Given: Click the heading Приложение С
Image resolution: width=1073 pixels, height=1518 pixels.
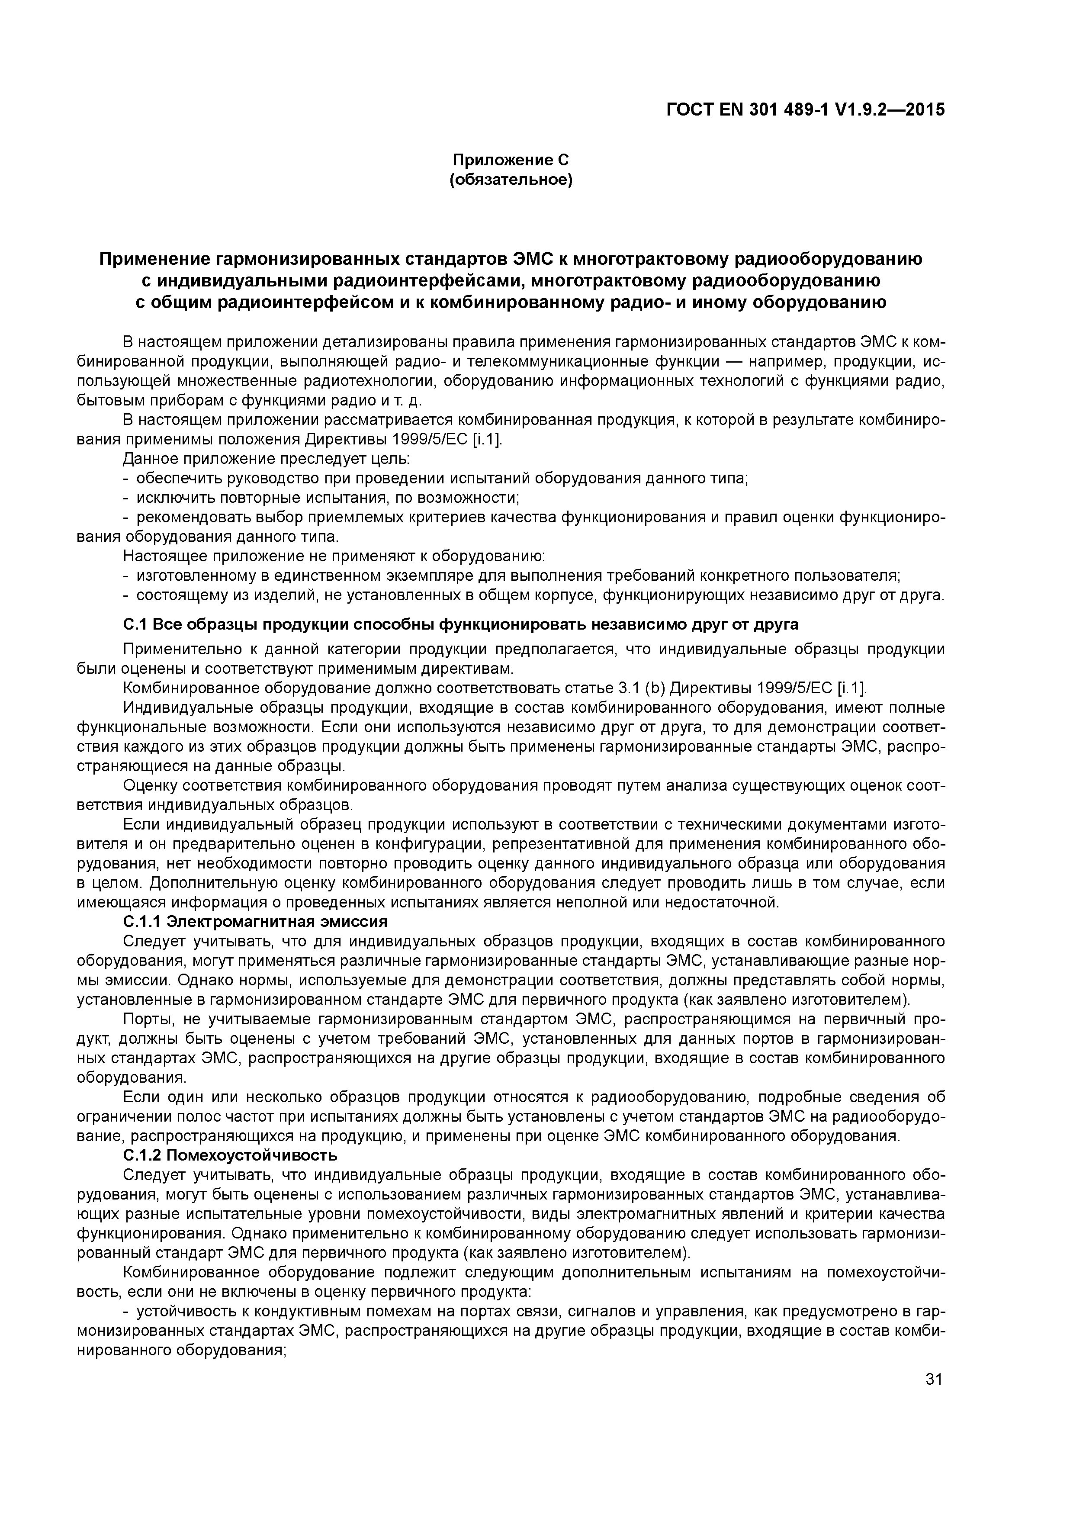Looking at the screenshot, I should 511,160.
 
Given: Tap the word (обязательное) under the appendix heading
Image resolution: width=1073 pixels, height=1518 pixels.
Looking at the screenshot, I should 511,180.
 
